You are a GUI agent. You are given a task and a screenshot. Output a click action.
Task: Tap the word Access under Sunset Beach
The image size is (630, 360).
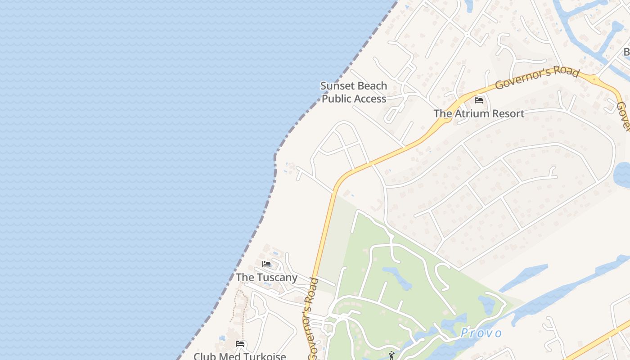coord(369,99)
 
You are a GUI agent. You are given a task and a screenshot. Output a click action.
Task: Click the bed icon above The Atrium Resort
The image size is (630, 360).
coord(479,100)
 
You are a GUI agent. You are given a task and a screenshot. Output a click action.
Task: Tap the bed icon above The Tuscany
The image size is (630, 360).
coord(266,264)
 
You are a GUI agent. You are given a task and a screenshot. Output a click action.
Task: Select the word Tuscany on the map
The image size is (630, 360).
coord(277,277)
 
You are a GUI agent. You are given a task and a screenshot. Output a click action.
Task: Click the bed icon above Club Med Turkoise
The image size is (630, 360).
coord(240,344)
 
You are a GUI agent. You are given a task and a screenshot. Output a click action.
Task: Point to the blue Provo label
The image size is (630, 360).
coord(481,333)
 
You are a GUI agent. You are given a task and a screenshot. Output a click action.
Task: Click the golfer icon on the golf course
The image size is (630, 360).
coord(392,355)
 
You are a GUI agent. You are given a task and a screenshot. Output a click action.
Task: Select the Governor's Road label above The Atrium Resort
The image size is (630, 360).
coord(536,77)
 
